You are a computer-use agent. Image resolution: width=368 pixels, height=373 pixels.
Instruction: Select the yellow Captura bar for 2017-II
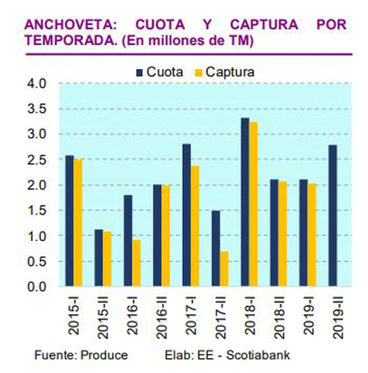224,269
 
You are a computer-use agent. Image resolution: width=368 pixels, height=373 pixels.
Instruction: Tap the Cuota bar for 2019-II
333,215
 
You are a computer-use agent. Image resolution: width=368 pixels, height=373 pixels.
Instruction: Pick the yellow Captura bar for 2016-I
136,263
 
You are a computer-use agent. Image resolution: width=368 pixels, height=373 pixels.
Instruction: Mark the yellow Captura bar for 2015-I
78,223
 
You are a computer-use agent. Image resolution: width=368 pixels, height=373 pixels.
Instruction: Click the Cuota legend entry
160,72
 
